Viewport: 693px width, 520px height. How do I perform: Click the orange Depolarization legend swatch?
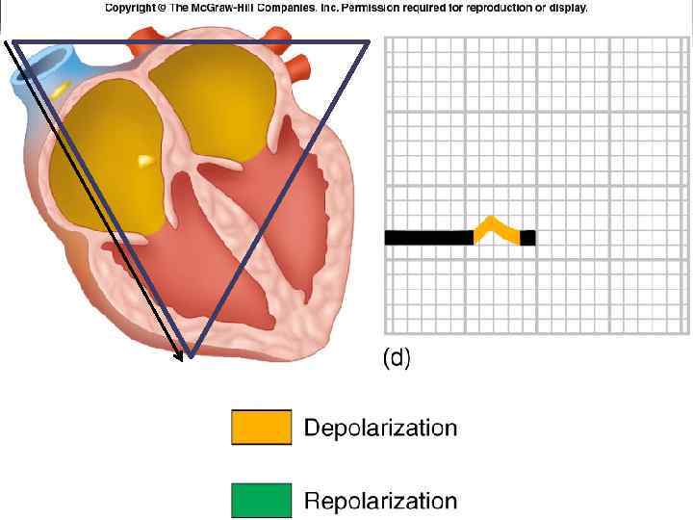tap(261, 427)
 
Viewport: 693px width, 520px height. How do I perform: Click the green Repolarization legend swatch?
tap(261, 501)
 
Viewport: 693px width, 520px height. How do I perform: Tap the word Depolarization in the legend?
tap(380, 428)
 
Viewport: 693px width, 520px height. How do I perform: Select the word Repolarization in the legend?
tap(380, 501)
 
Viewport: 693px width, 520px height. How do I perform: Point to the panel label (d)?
tap(397, 359)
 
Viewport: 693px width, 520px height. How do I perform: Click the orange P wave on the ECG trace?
tap(496, 228)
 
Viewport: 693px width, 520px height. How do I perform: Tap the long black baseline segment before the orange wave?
tap(428, 238)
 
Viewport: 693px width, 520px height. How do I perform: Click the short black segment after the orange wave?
tap(527, 238)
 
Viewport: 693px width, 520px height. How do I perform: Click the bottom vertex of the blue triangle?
tap(191, 356)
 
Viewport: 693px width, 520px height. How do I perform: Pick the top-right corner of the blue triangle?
tap(370, 41)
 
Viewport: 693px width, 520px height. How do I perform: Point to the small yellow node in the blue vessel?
tap(62, 89)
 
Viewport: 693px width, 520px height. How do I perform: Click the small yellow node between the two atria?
tap(145, 160)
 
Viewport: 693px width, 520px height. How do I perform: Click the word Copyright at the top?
tap(133, 8)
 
